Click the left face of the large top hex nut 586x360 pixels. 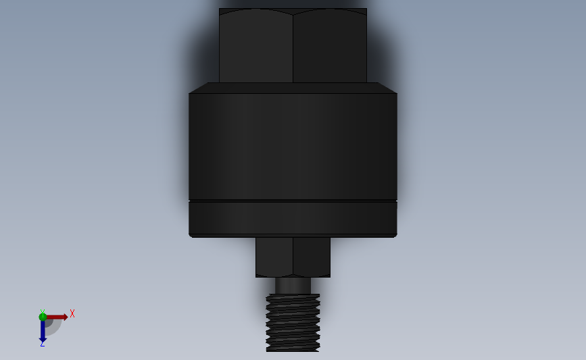255,46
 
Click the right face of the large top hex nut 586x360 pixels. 330,46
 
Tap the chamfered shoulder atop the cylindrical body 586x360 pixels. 293,88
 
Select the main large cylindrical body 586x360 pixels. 293,145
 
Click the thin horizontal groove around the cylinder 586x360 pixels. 293,201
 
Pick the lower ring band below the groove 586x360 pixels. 293,218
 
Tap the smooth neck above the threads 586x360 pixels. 293,286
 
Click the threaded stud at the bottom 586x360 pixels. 293,324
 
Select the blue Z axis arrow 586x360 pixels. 43,331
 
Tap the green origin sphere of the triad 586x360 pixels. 43,317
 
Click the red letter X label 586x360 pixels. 72,313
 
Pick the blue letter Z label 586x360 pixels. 42,344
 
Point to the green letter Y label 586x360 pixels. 42,310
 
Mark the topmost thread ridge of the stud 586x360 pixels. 293,297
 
